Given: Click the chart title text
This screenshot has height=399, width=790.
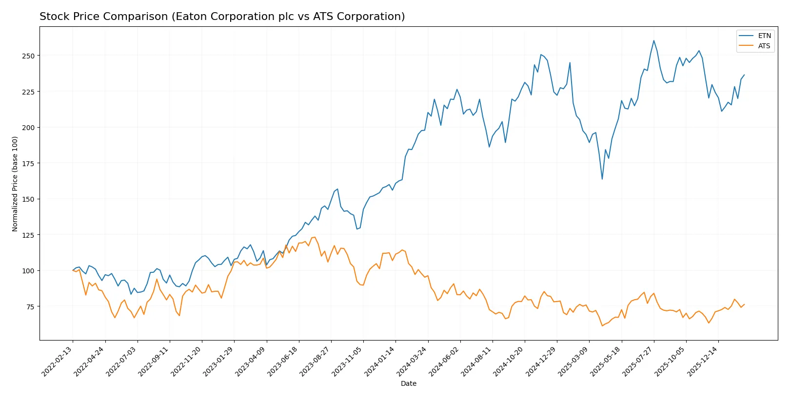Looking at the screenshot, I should (x=222, y=17).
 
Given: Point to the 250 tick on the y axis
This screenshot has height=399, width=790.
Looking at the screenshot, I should (x=28, y=56).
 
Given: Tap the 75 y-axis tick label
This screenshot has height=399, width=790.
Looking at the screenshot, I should (x=30, y=306).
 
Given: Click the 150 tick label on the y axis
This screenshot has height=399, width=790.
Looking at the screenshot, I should (x=28, y=199).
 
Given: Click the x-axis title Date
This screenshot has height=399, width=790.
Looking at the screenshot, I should (x=408, y=384).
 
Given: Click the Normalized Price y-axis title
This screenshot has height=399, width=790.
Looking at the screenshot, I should (x=15, y=184).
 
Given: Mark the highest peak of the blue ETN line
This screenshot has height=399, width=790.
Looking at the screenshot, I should (x=653, y=41).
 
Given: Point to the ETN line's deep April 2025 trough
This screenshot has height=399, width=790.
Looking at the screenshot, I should (x=602, y=179).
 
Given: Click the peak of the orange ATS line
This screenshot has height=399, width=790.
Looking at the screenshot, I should (x=315, y=237).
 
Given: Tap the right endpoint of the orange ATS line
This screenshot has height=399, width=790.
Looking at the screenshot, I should (x=744, y=304).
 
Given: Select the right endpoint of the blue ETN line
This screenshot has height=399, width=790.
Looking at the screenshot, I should (x=744, y=75).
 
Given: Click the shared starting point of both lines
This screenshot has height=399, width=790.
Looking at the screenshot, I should (x=73, y=270).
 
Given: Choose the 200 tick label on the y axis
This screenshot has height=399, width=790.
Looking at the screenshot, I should (x=28, y=128).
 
